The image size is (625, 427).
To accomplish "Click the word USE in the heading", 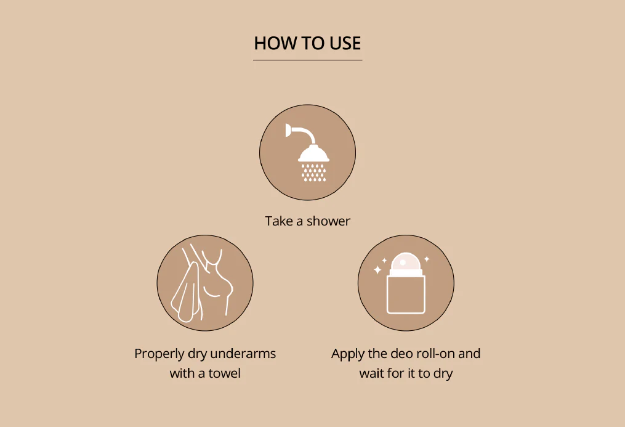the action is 345,43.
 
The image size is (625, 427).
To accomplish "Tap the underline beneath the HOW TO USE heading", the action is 308,60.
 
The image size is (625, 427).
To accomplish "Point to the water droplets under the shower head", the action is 313,173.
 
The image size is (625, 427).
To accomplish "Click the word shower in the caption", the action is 328,221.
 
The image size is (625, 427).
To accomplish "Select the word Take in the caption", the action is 278,221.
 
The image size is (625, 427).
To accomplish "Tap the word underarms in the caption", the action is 243,353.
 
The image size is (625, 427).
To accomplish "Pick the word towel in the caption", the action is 224,373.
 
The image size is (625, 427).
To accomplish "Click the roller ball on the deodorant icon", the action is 405,263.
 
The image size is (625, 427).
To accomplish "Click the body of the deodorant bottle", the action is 406,295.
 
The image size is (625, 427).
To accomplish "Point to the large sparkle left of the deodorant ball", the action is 377,270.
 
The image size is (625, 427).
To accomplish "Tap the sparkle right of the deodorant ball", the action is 427,259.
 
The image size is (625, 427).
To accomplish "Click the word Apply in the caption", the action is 348,354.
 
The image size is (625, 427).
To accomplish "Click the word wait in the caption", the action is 371,373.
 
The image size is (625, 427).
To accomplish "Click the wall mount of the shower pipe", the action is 288,130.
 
